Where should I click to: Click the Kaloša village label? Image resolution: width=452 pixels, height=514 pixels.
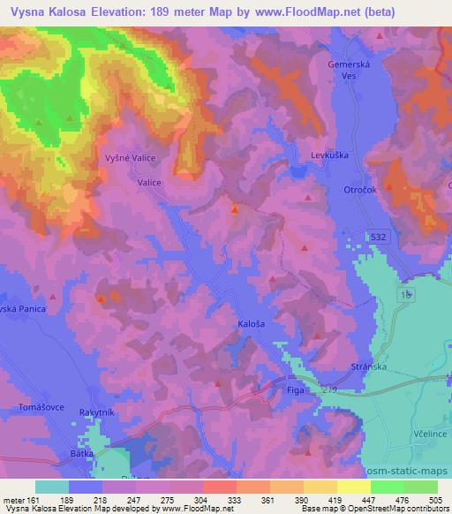tap(252, 324)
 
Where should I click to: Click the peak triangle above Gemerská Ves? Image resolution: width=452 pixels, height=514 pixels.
tap(379, 36)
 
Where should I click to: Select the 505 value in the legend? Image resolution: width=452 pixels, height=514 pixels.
tap(434, 500)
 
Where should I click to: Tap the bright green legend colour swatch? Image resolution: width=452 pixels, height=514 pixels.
tap(387, 487)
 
